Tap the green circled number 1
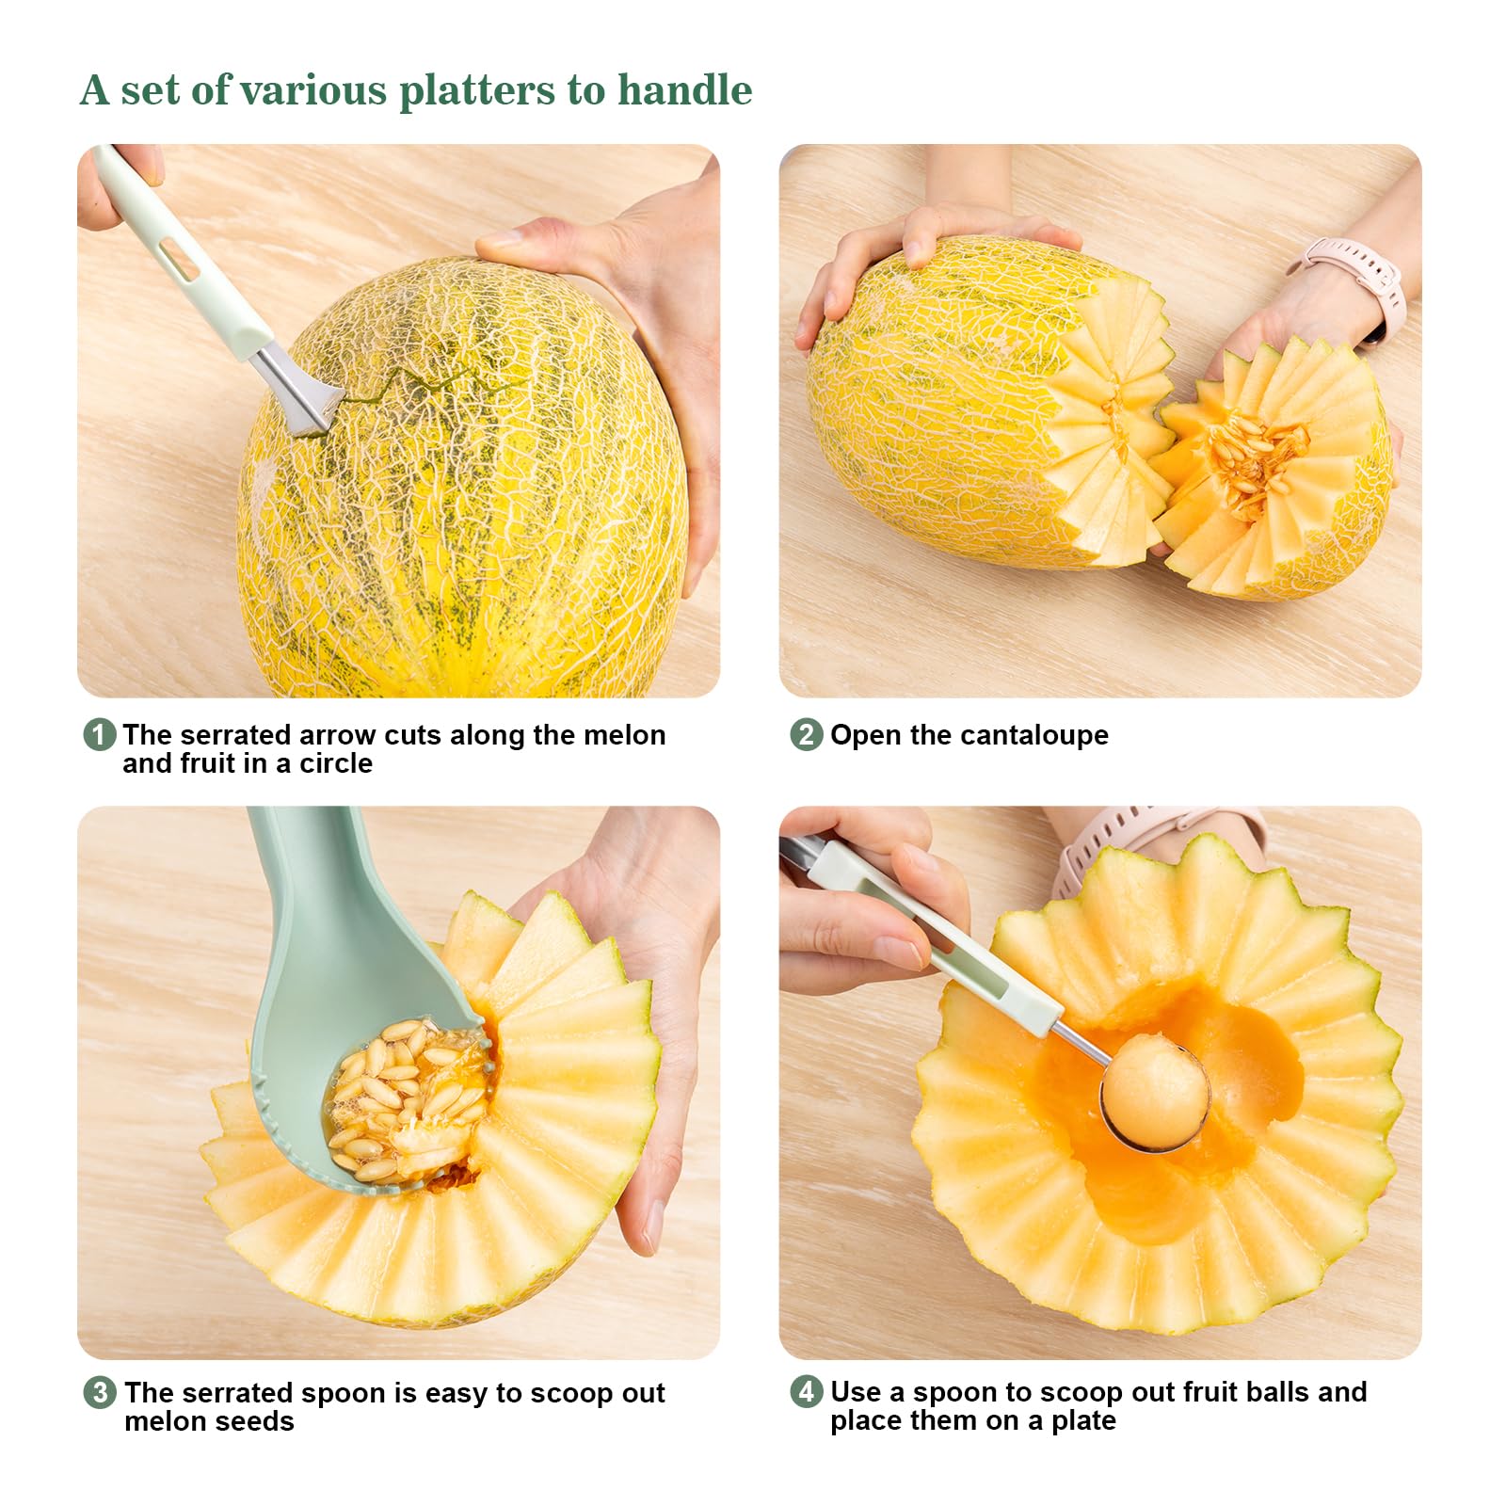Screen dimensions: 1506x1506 tap(100, 734)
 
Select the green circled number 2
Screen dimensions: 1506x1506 tap(806, 734)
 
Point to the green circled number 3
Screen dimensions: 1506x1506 tap(100, 1392)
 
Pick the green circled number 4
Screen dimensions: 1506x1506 tap(806, 1391)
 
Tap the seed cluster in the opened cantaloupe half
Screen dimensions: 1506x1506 tap(1257, 461)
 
